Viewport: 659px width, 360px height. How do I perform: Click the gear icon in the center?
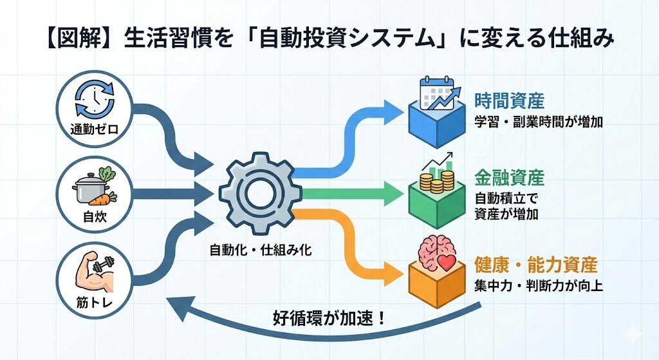[259, 191]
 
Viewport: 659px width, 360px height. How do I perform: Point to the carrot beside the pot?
[108, 197]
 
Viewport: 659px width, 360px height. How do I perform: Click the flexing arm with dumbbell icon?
[93, 272]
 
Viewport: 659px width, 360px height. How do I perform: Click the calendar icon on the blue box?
[438, 93]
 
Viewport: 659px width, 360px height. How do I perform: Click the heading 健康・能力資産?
[535, 265]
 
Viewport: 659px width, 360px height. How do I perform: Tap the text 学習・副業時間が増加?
[538, 122]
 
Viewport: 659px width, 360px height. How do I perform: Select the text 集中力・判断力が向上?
[538, 285]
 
